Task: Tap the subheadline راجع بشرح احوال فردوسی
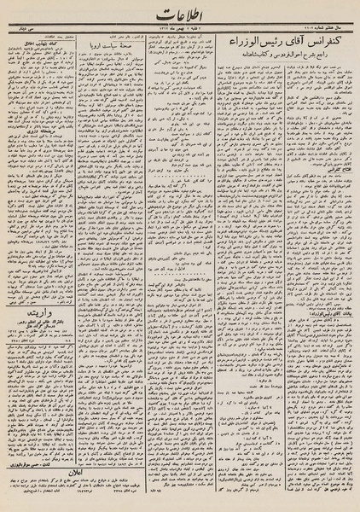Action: click(x=290, y=54)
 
